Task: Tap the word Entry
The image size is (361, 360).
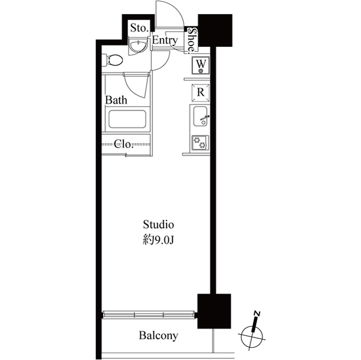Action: pyautogui.click(x=164, y=41)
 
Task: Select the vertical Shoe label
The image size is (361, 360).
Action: pyautogui.click(x=192, y=40)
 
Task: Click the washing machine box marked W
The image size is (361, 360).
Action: pyautogui.click(x=201, y=66)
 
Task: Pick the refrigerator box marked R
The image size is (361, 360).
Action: pyautogui.click(x=201, y=92)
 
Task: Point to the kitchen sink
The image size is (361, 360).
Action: pyautogui.click(x=201, y=117)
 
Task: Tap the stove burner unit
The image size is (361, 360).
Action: pyautogui.click(x=200, y=143)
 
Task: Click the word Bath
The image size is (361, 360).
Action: pyautogui.click(x=117, y=100)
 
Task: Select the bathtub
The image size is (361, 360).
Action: pyautogui.click(x=127, y=119)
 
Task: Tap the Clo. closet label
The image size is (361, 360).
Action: pyautogui.click(x=124, y=144)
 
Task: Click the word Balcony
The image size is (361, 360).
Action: pyautogui.click(x=159, y=336)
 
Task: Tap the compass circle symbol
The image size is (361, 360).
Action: pyautogui.click(x=252, y=337)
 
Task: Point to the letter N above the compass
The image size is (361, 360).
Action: pyautogui.click(x=257, y=313)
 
